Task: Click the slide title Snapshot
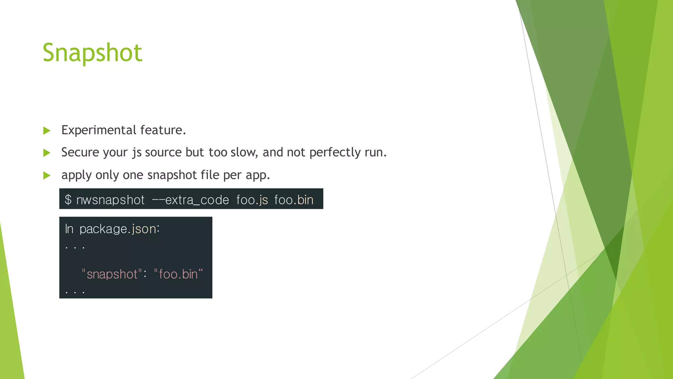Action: [92, 53]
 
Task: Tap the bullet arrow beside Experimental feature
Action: [47, 131]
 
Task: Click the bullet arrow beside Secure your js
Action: [47, 153]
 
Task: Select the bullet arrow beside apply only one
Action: [47, 175]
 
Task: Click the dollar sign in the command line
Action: [68, 200]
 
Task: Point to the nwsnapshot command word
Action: [110, 200]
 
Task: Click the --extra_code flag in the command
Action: [190, 200]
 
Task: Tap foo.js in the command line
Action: [252, 200]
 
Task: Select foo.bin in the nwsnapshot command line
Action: [294, 200]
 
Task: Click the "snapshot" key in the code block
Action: [112, 274]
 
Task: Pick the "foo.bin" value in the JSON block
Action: [178, 274]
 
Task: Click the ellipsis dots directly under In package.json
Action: [75, 247]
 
